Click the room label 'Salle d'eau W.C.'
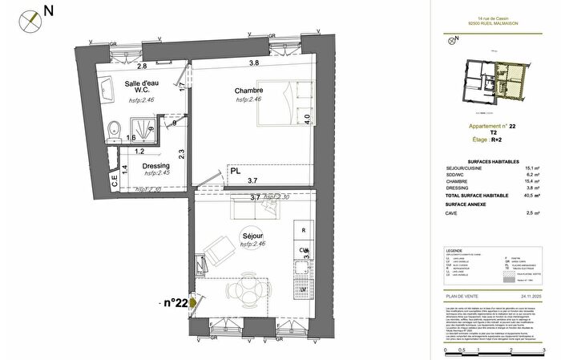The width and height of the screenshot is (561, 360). [139, 87]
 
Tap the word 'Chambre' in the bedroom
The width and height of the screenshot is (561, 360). [248, 90]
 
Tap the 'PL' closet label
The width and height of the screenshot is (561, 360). [236, 171]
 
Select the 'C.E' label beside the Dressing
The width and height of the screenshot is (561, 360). [114, 182]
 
